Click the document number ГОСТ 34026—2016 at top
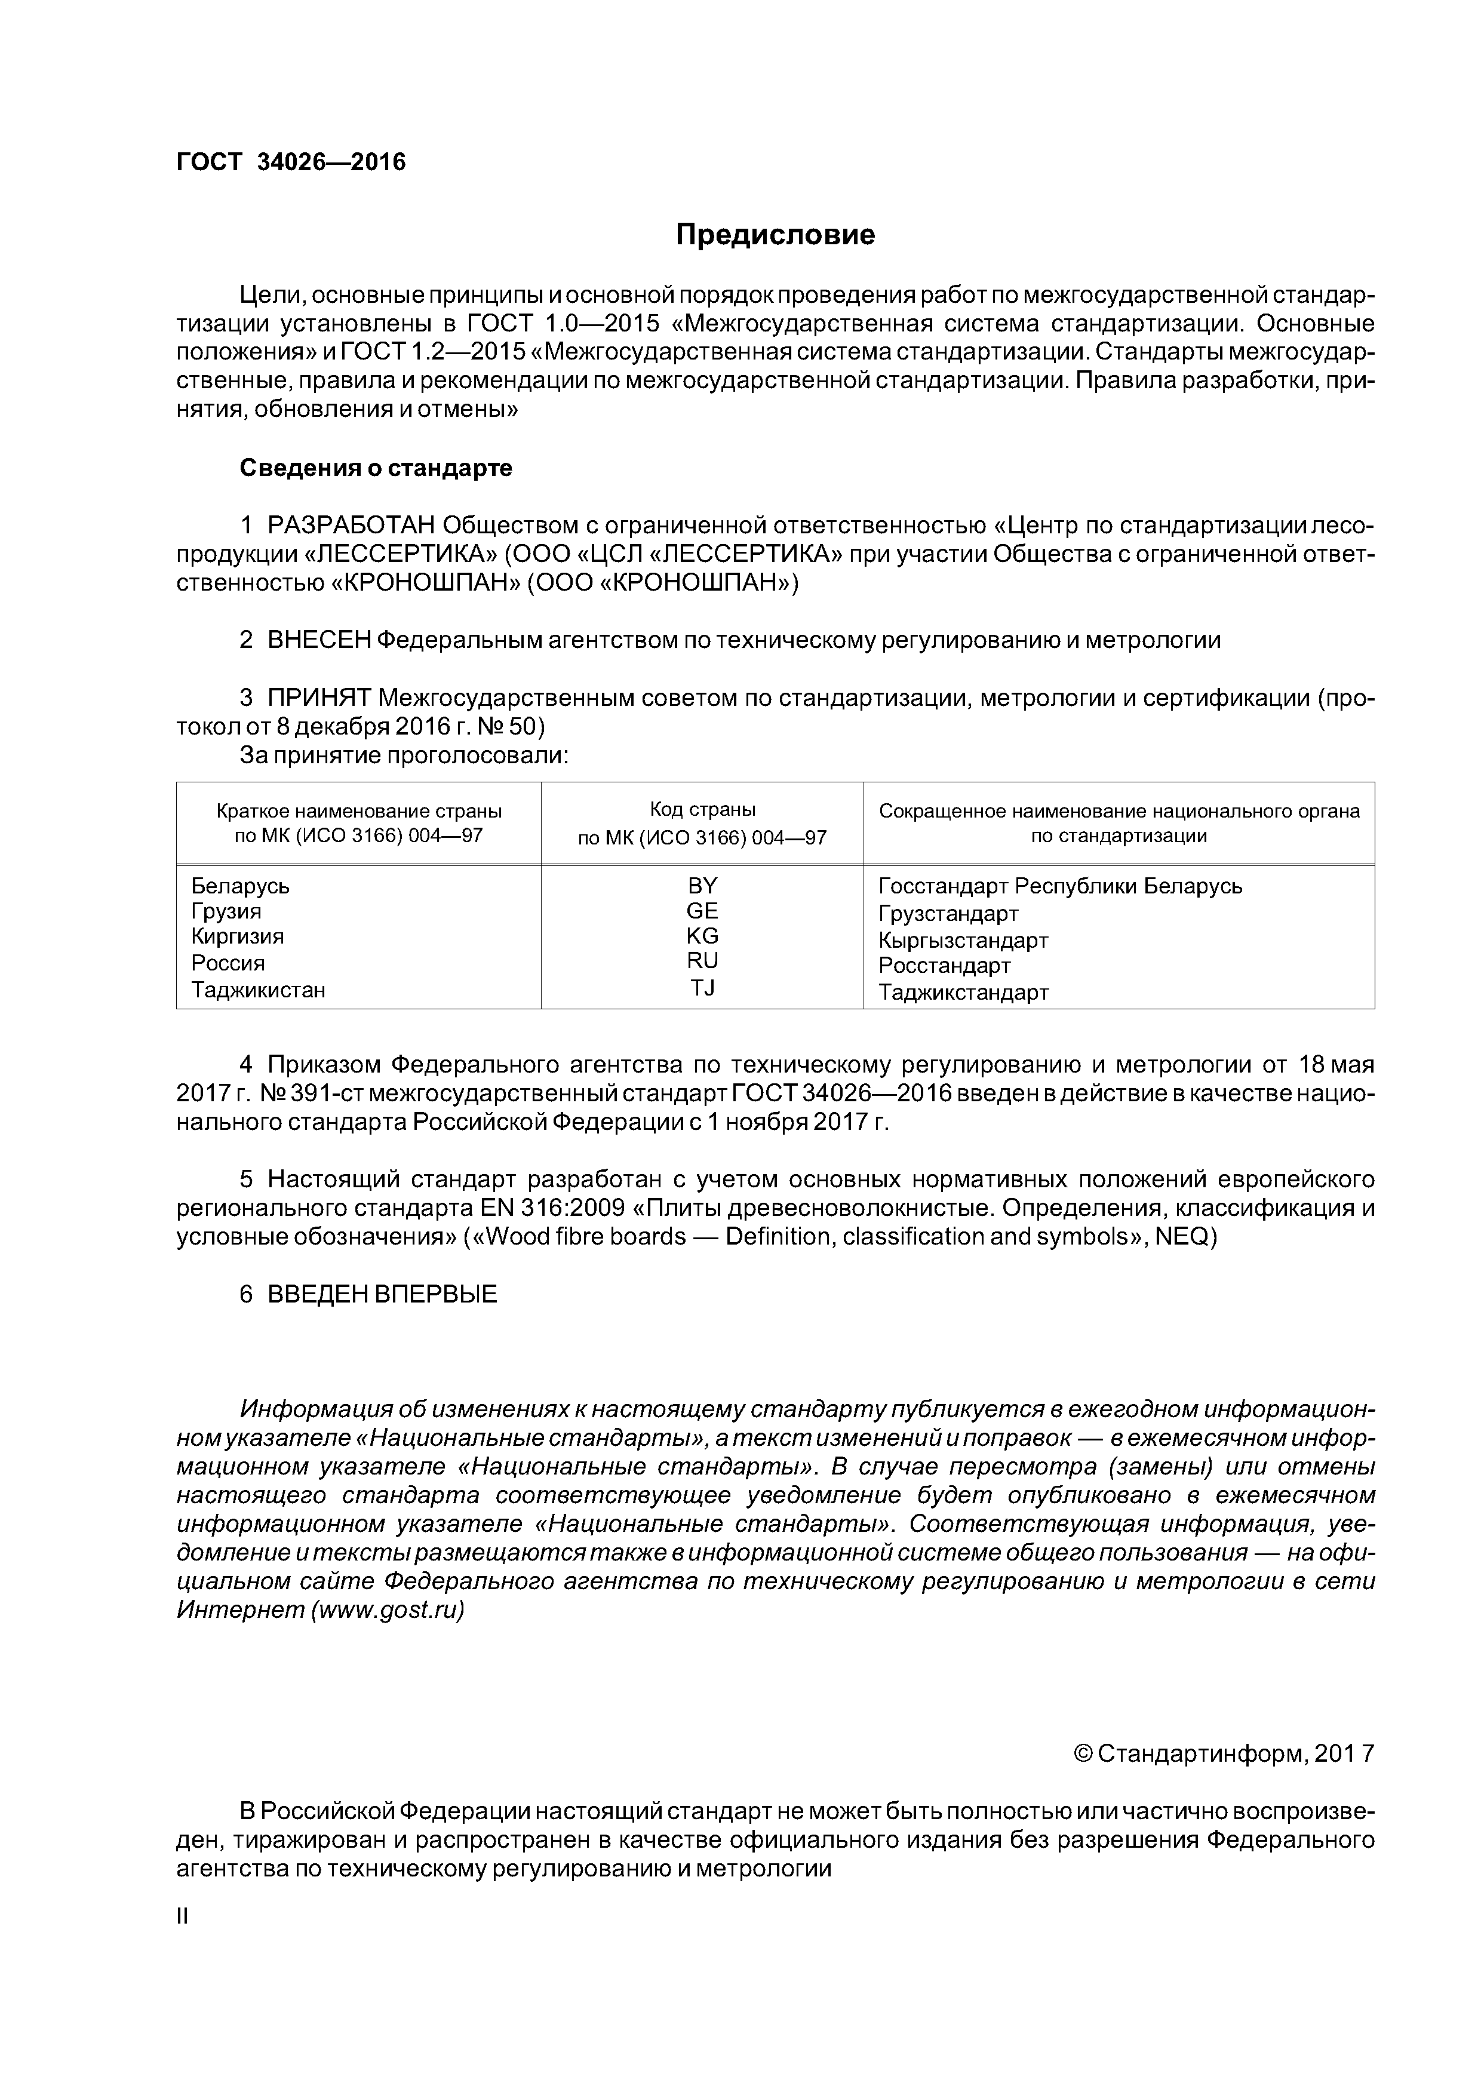(x=290, y=162)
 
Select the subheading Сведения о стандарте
(x=376, y=468)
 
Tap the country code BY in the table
(x=703, y=885)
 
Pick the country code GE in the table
(x=703, y=911)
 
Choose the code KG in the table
(x=703, y=935)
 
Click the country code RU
(x=703, y=960)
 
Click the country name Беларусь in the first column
(x=240, y=886)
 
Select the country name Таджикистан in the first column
(x=258, y=990)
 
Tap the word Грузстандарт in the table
(x=948, y=913)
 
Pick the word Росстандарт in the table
(x=945, y=965)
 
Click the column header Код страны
(x=703, y=809)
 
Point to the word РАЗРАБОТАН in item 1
(x=351, y=526)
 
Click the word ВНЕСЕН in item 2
(x=319, y=641)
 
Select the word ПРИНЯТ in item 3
(x=319, y=698)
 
